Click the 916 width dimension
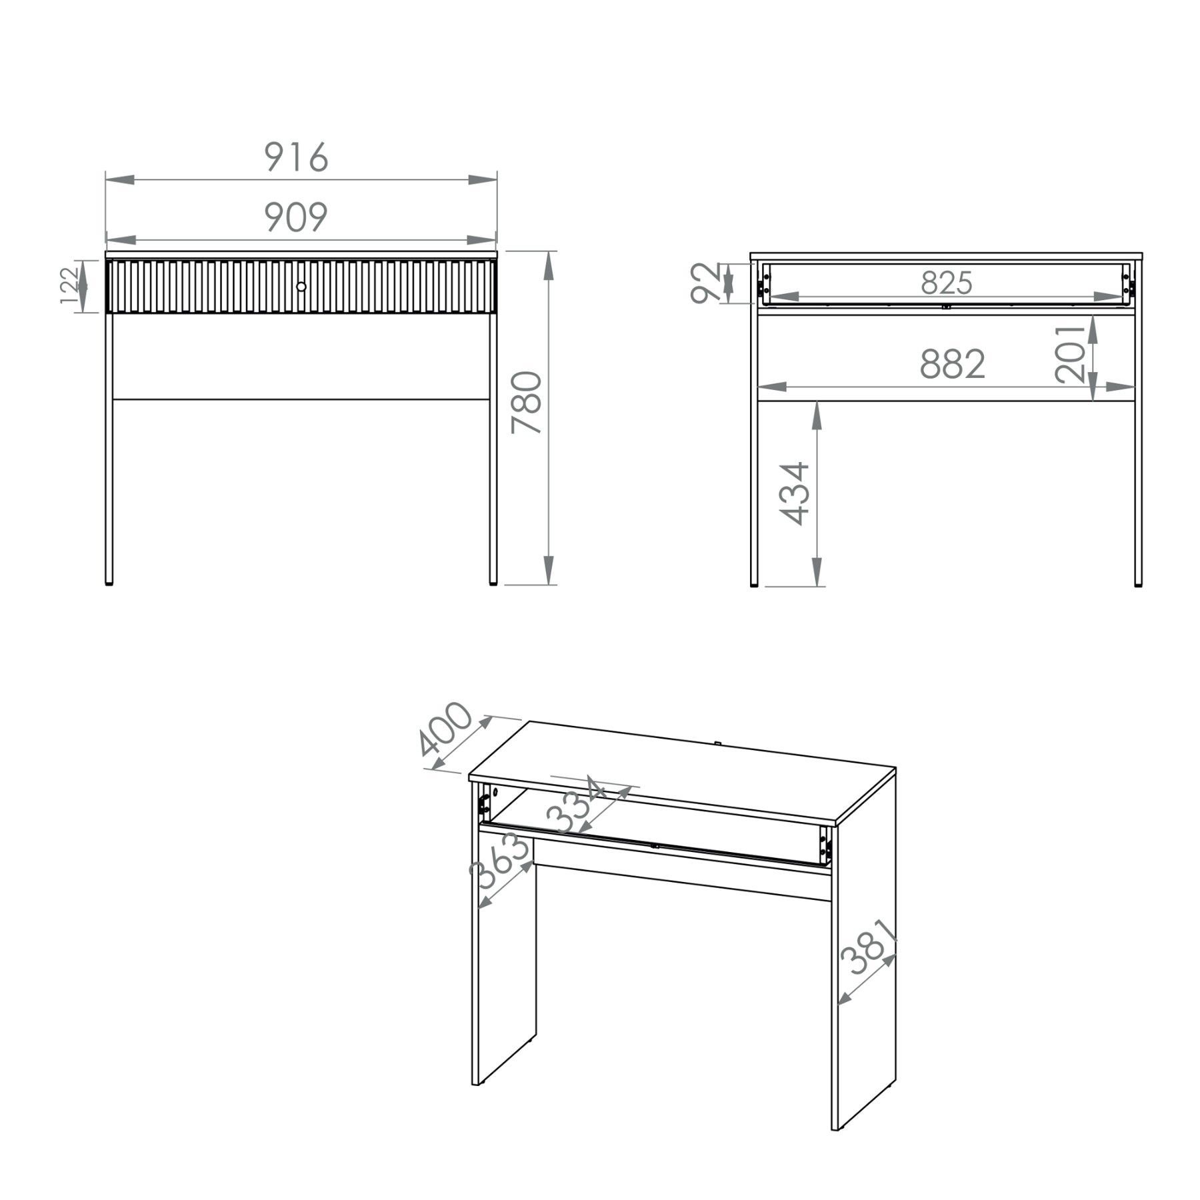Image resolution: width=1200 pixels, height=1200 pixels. (x=297, y=157)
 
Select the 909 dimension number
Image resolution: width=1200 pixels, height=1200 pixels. (x=297, y=217)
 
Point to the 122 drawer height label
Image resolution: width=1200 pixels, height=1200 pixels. (x=69, y=286)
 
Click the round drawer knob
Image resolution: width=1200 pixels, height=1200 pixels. (x=301, y=286)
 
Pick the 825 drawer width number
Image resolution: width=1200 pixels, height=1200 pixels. (x=947, y=283)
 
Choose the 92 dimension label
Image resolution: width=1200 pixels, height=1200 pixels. (x=705, y=283)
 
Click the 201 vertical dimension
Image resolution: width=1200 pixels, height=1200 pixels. (x=1071, y=353)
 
